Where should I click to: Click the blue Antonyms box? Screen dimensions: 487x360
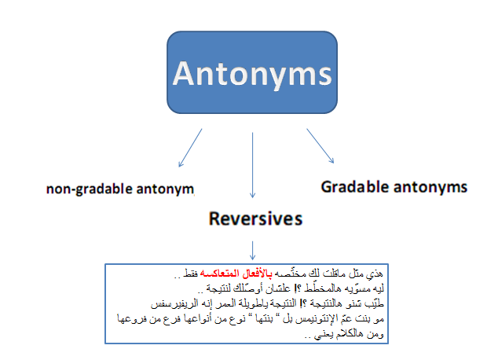(x=252, y=72)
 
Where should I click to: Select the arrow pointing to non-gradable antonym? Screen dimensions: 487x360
(x=190, y=148)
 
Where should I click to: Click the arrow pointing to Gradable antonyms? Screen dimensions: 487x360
(x=320, y=145)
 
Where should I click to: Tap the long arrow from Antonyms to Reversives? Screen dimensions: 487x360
(x=252, y=165)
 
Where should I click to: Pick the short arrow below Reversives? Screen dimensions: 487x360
(x=252, y=251)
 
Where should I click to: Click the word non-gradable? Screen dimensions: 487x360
(x=90, y=189)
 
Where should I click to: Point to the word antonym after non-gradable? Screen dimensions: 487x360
(x=165, y=189)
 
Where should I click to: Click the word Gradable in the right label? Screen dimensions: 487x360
(x=355, y=187)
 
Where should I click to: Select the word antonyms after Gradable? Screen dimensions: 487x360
(x=430, y=187)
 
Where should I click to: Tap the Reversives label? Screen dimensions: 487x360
(x=255, y=219)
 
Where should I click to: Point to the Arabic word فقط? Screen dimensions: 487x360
(x=190, y=274)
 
